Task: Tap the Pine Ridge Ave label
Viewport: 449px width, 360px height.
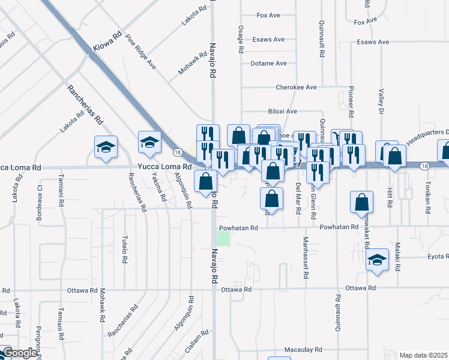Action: [140, 52]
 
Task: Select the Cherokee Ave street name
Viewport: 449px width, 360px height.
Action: [296, 87]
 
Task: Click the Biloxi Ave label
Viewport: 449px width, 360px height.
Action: [282, 111]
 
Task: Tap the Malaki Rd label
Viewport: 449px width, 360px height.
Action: [397, 256]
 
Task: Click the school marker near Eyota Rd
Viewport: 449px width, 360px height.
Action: [376, 260]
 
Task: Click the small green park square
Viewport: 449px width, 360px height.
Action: [223, 239]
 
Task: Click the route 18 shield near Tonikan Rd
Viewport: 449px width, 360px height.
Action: [424, 166]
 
